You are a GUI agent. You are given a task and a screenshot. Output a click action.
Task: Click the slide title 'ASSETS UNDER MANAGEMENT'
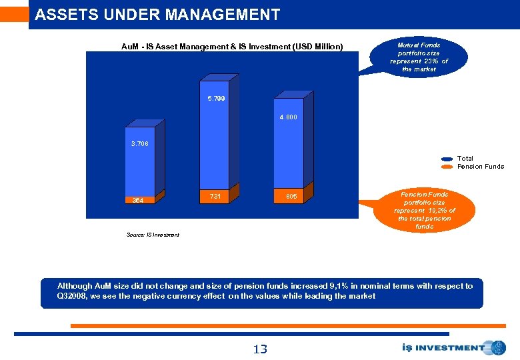[x=157, y=15]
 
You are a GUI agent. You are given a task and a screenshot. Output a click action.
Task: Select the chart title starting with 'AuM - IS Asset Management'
[x=232, y=47]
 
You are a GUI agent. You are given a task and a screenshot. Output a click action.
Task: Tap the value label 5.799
[x=216, y=99]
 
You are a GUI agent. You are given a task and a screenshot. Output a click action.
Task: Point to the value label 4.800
[x=288, y=117]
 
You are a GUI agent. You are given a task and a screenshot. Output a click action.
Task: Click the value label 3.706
[x=139, y=143]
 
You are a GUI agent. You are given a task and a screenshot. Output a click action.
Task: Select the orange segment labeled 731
[x=215, y=196]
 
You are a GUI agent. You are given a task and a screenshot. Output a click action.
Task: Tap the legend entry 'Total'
[x=465, y=159]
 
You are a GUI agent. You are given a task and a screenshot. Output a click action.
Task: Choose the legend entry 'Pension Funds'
[x=480, y=167]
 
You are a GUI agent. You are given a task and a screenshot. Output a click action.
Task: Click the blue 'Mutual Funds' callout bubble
[x=419, y=57]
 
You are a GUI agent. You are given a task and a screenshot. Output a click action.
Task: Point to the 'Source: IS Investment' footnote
[x=153, y=235]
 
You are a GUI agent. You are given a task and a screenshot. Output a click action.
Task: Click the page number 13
[x=259, y=349]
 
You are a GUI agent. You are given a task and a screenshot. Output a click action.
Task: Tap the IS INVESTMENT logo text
[x=443, y=347]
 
